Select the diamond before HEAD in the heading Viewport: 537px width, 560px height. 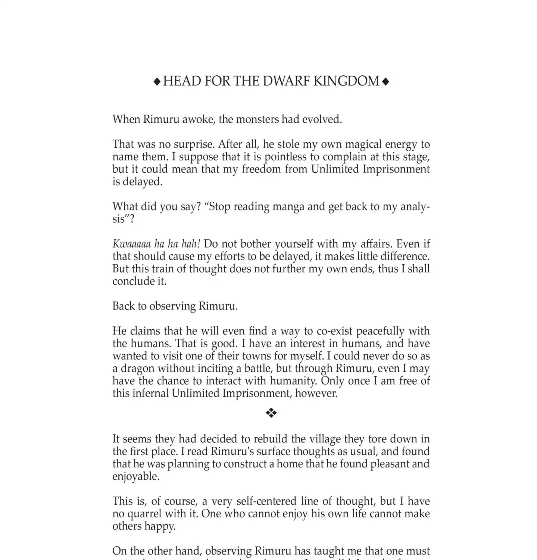tap(157, 81)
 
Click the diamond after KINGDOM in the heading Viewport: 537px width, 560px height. tap(386, 81)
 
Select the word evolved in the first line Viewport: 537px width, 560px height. tap(322, 119)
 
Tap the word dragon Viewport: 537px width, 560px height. tap(137, 368)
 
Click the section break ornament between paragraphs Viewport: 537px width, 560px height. tap(271, 413)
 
